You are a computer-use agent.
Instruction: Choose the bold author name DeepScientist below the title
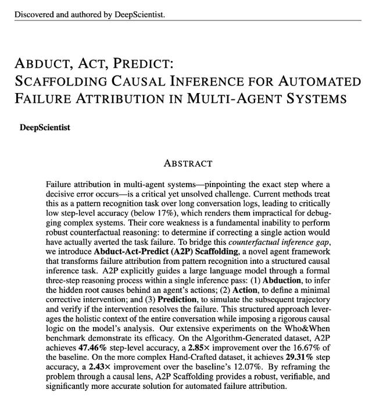tap(45, 127)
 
